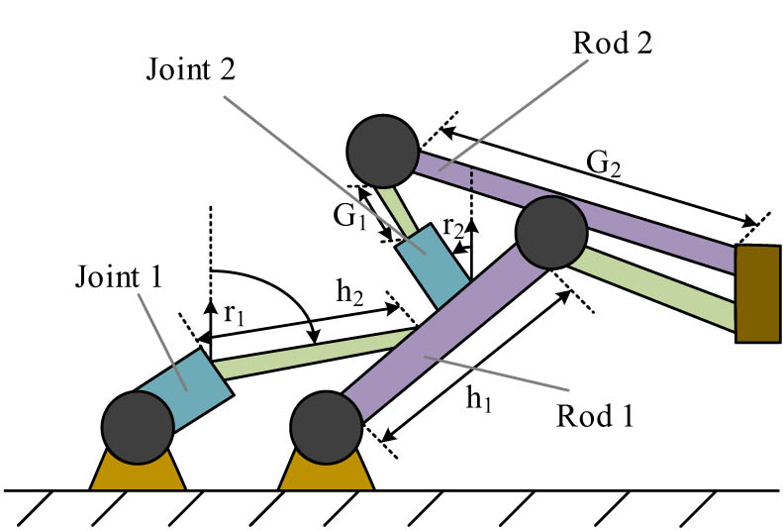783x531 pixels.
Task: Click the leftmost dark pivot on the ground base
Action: [137, 427]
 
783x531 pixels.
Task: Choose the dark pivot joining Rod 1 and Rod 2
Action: [549, 233]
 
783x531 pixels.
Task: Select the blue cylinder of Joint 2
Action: [433, 264]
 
